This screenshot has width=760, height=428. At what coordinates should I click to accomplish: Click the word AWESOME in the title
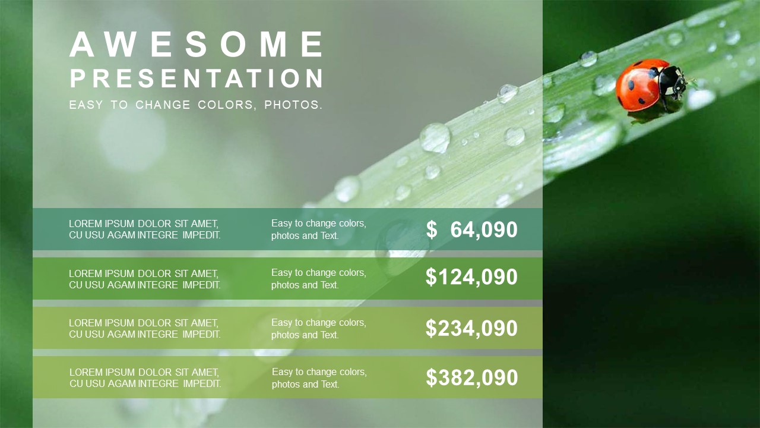[196, 44]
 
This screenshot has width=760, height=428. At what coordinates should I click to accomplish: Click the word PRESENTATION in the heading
[197, 78]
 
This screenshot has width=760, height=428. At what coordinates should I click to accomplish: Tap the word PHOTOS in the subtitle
[291, 105]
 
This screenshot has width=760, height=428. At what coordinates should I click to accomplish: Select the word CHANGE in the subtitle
[163, 105]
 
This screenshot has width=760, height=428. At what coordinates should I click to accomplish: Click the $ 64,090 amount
[471, 229]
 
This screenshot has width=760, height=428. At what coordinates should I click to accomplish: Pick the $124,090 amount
[471, 277]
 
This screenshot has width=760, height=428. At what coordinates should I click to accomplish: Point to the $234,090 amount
[471, 328]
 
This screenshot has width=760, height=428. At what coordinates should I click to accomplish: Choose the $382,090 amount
[472, 377]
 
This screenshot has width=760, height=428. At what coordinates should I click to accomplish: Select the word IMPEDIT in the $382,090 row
[202, 383]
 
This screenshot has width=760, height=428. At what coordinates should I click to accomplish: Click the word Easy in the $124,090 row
[281, 273]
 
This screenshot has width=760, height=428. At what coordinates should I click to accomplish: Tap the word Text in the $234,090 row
[330, 335]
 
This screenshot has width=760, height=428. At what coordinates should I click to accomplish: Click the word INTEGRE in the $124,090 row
[158, 285]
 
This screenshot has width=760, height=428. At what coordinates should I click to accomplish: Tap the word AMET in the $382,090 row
[205, 372]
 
